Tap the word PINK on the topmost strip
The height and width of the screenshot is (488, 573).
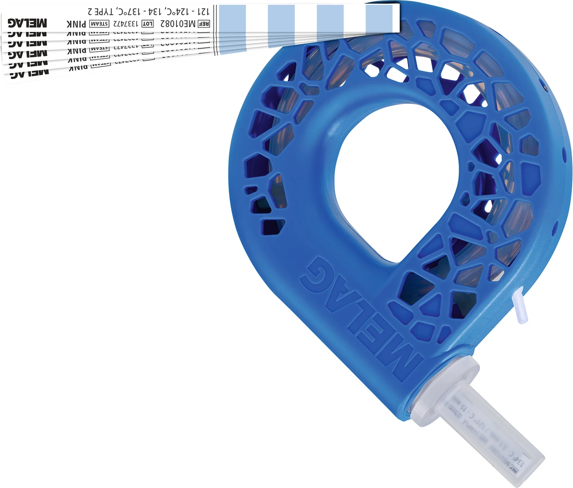click(76, 24)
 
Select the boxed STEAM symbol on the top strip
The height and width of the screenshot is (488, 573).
click(99, 24)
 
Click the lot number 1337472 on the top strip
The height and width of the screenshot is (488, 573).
click(126, 24)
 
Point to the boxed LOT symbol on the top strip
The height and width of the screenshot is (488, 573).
click(147, 24)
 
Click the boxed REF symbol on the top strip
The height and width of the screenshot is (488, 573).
click(204, 24)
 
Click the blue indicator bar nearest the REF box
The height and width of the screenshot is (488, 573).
click(232, 18)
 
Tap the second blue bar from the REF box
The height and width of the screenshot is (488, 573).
click(281, 18)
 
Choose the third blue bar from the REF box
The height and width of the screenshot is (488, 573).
click(330, 18)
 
